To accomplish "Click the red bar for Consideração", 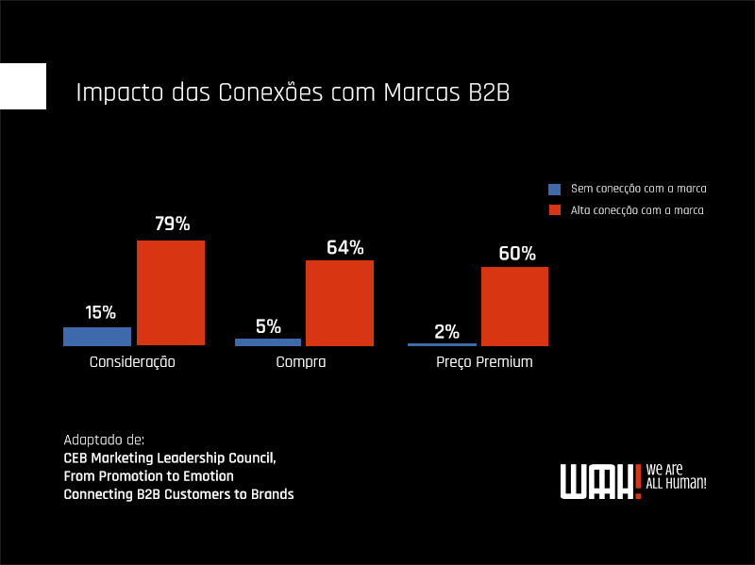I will (171, 292).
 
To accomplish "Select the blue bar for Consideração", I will (97, 336).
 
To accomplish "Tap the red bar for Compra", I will (340, 303).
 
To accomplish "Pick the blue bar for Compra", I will (268, 341).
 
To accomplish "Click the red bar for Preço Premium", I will (514, 306).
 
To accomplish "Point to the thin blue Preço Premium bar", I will (442, 344).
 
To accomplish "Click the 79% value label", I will (172, 224).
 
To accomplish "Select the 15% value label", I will (100, 312).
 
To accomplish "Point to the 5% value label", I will (268, 326).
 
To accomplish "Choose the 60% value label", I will (516, 254).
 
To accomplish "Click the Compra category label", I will (301, 362).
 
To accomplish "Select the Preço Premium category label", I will (484, 362).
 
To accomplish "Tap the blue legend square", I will (554, 189).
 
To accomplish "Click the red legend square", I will (554, 210).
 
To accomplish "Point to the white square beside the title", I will (23, 86).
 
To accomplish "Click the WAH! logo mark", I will (599, 480).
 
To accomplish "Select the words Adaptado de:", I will (104, 440).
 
